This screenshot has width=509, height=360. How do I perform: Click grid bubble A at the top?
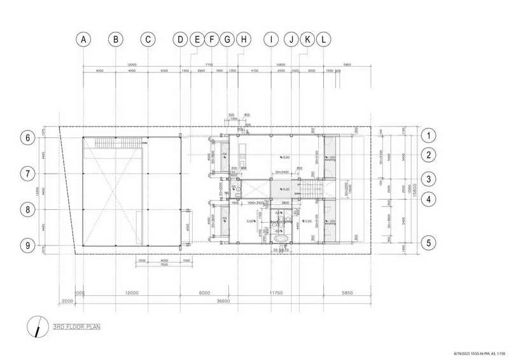pyautogui.click(x=83, y=39)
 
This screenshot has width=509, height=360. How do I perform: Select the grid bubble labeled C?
pyautogui.click(x=148, y=39)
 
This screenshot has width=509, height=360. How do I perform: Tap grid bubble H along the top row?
pyautogui.click(x=243, y=39)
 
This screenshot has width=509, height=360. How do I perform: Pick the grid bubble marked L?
pyautogui.click(x=324, y=39)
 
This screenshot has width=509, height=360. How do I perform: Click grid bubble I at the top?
pyautogui.click(x=272, y=39)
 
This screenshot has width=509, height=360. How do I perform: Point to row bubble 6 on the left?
pyautogui.click(x=27, y=137)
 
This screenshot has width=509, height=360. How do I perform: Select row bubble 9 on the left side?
pyautogui.click(x=27, y=244)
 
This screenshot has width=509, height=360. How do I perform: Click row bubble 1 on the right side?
pyautogui.click(x=431, y=135)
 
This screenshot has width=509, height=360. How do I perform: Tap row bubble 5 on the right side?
pyautogui.click(x=431, y=242)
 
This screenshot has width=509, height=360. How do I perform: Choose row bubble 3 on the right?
pyautogui.click(x=431, y=179)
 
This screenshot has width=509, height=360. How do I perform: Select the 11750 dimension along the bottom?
pyautogui.click(x=275, y=293)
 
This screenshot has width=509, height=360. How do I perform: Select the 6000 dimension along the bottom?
pyautogui.click(x=204, y=293)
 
